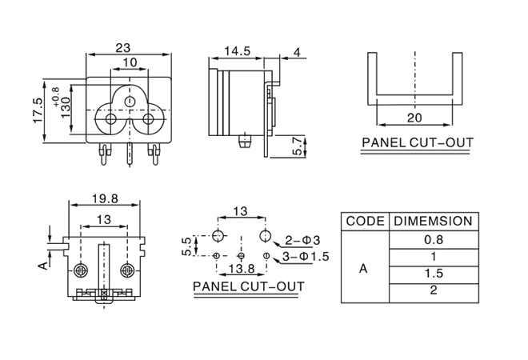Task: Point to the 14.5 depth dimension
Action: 238,51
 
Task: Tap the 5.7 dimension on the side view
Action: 298,146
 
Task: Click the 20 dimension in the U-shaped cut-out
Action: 415,117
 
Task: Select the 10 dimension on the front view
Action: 129,62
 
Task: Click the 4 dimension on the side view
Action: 297,53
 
